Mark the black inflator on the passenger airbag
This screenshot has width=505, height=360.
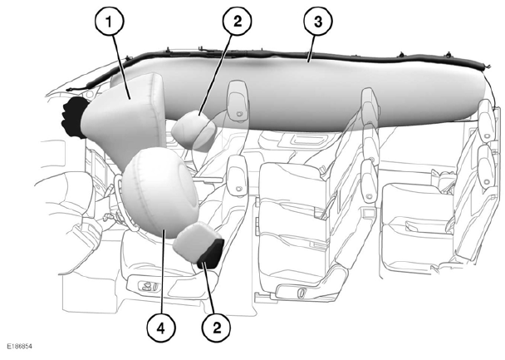coord(73,117)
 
